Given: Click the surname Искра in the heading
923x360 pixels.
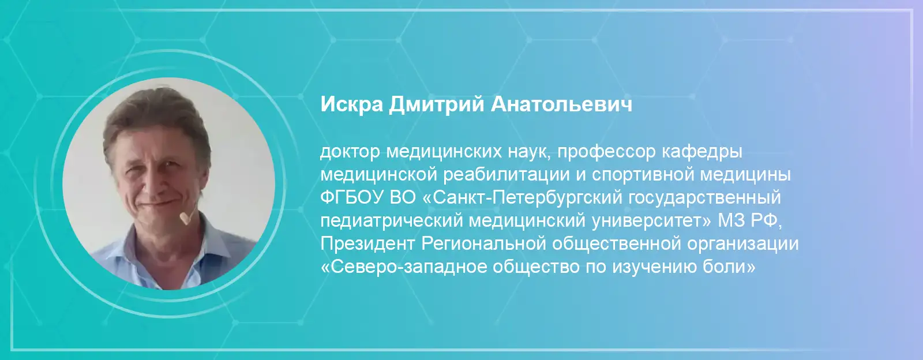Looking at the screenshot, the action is pos(352,104).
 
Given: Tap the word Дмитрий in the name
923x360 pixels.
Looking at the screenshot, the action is pos(436,104).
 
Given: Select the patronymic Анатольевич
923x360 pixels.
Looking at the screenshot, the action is pos(561,104).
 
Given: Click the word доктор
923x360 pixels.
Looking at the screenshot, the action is pos(350,152).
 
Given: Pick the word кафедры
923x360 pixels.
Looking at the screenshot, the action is pos(702,152).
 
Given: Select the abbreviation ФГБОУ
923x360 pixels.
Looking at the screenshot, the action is pos(352,198).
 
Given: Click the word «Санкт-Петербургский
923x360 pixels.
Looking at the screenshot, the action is pos(522,198).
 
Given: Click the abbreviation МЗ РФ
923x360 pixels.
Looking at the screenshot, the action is pos(750,221).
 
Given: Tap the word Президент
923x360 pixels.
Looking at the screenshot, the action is pos(367,244).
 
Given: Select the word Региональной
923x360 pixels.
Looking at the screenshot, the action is pos(483,244).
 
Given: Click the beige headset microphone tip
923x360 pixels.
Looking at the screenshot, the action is pos(185,218).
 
